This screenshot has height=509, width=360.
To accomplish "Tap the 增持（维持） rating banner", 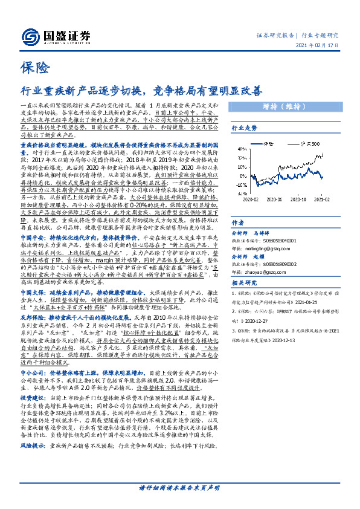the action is click(295, 107).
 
